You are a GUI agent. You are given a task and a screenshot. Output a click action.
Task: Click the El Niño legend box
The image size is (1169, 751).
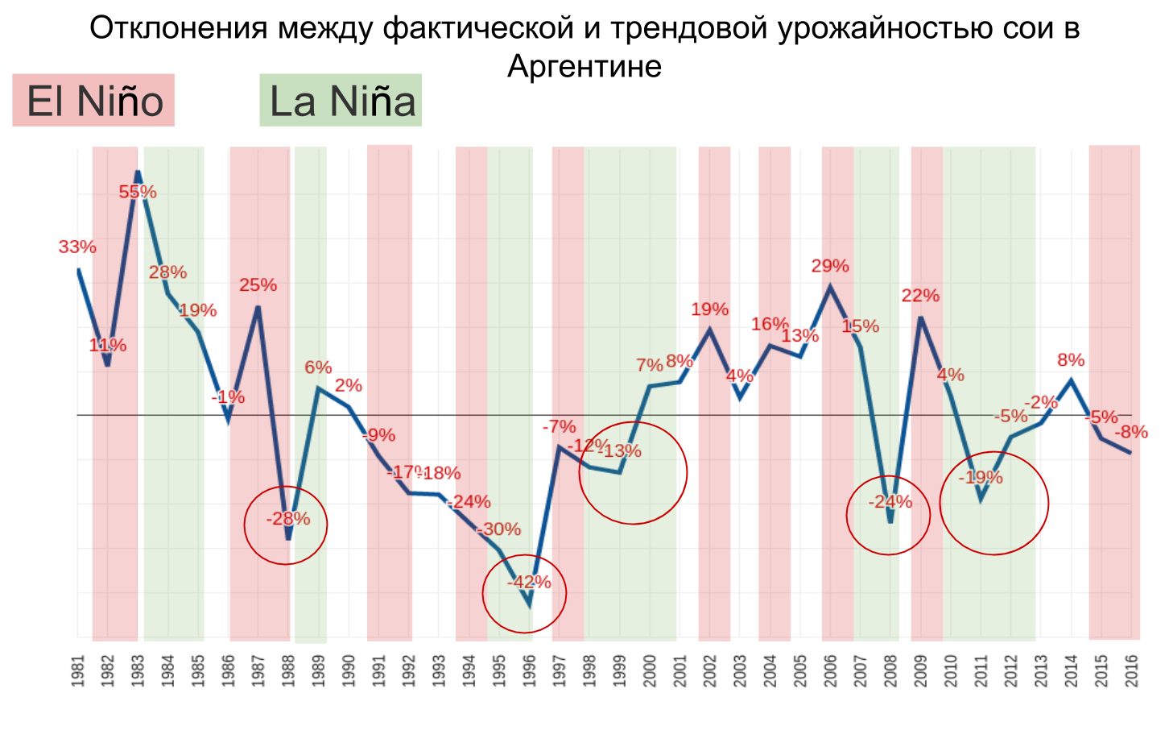coord(93,101)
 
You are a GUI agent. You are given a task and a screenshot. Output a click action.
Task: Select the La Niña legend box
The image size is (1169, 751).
coord(341,101)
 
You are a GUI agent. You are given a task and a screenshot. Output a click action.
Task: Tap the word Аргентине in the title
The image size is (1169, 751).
coord(584,66)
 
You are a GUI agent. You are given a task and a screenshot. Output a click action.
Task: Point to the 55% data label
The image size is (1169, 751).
coord(138,192)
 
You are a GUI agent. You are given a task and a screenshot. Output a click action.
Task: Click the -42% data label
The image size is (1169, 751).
coord(529,582)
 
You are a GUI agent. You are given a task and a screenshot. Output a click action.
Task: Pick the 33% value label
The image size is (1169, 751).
coord(77,247)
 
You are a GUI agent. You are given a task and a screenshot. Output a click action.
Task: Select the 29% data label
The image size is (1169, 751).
coord(830,266)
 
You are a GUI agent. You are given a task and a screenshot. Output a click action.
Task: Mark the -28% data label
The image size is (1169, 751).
coord(288,519)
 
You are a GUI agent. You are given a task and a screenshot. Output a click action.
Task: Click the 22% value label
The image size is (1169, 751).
coord(920,296)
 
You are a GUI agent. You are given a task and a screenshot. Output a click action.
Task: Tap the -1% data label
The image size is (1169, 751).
coord(229,397)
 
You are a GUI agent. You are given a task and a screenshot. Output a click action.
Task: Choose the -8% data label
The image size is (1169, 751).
coord(1130,433)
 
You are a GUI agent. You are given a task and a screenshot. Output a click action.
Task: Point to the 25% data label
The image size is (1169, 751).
coord(258,285)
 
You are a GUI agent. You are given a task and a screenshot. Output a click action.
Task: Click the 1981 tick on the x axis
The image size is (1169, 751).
coord(78,670)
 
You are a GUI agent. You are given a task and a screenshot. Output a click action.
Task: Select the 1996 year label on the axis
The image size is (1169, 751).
coord(529,670)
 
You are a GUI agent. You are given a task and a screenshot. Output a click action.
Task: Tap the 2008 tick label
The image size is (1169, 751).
coord(890,670)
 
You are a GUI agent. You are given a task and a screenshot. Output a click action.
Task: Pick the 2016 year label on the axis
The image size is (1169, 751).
coord(1131,670)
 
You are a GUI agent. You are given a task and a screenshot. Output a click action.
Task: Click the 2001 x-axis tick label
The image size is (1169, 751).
coord(680,670)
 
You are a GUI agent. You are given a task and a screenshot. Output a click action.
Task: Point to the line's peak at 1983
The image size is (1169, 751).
coord(138,172)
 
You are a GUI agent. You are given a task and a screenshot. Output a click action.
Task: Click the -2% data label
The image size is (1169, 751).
coord(1041,402)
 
